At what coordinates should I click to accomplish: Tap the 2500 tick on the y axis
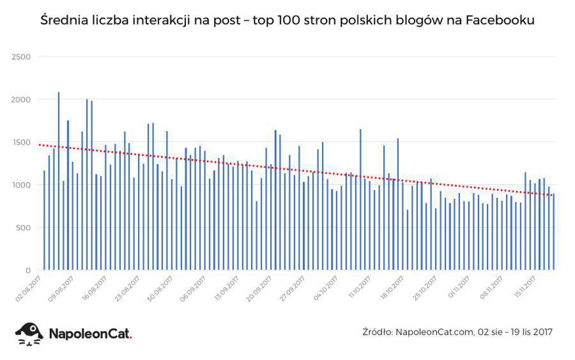pyautogui.click(x=22, y=57)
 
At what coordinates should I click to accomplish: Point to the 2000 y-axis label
pyautogui.click(x=22, y=100)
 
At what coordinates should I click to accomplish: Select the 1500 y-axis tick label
pyautogui.click(x=22, y=142)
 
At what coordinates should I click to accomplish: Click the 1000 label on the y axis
pyautogui.click(x=22, y=185)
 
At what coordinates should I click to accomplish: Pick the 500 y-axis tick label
pyautogui.click(x=24, y=228)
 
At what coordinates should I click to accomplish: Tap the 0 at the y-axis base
pyautogui.click(x=28, y=270)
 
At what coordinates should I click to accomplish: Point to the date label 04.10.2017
pyautogui.click(x=326, y=288)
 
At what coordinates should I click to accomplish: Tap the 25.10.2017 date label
pyautogui.click(x=425, y=288)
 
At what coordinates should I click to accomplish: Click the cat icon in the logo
pyautogui.click(x=29, y=333)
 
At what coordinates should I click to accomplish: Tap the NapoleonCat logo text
pyautogui.click(x=89, y=333)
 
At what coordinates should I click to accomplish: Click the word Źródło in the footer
pyautogui.click(x=377, y=331)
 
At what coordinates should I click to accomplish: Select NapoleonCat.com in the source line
pyautogui.click(x=434, y=331)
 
